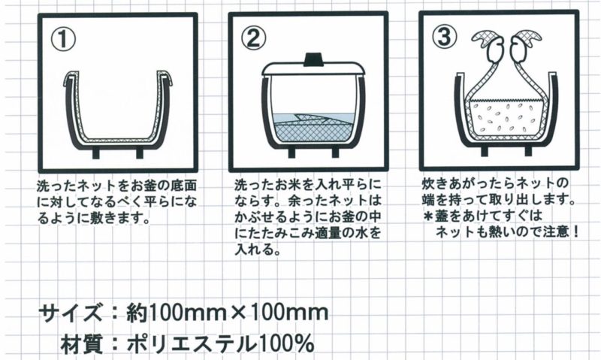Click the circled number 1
coord(63,40)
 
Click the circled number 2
coord(253,38)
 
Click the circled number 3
coord(444,37)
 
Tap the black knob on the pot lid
coord(314,59)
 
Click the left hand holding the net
coord(492,47)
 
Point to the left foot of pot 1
coord(95,153)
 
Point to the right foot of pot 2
coord(335,153)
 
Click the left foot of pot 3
coord(484,151)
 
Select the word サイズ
coord(71,313)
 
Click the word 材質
coord(83,343)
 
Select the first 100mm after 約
coord(186,313)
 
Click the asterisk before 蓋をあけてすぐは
coord(427,216)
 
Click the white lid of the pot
coord(314,69)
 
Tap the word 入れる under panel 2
coord(255,250)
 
